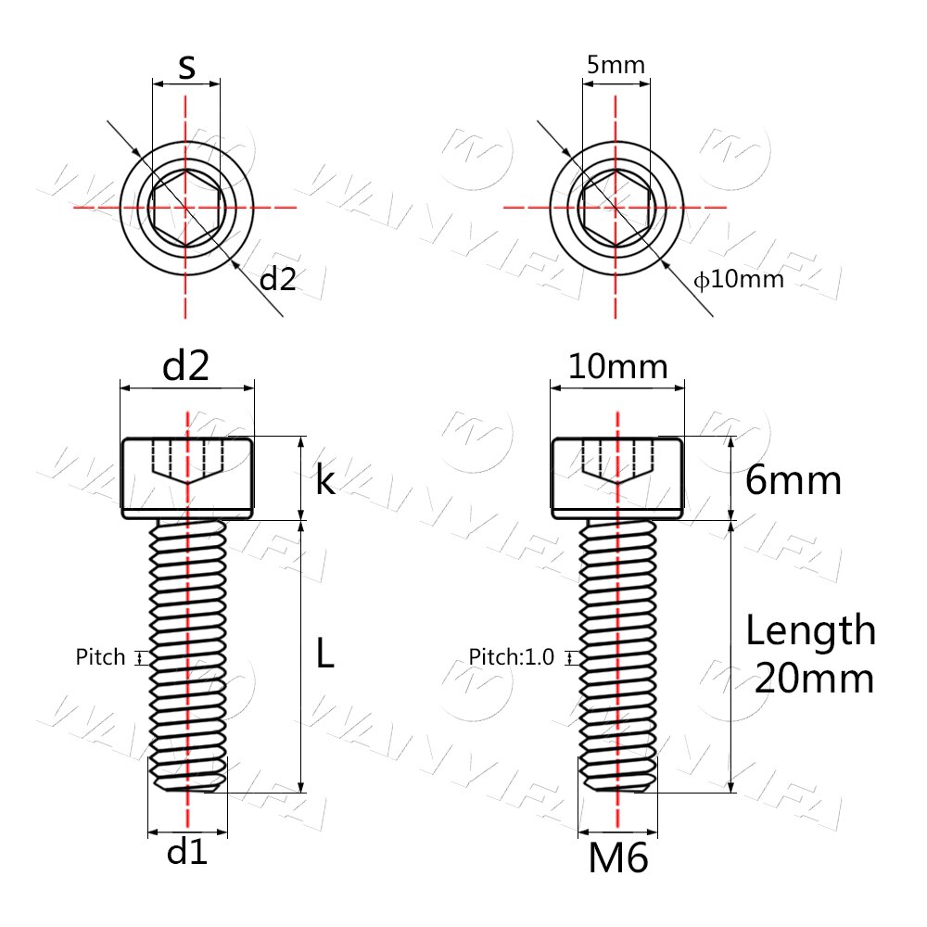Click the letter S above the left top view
tap(186, 67)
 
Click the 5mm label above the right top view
tap(616, 65)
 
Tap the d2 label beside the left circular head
tap(277, 278)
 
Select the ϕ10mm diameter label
tap(740, 279)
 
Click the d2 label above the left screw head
tap(186, 367)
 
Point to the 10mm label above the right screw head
tap(617, 367)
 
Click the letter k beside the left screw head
tap(324, 480)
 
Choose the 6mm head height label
tap(794, 481)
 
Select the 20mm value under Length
tap(814, 679)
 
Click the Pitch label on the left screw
tap(100, 658)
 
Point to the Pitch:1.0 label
tap(511, 658)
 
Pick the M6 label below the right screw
tap(617, 859)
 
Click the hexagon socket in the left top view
tap(186, 207)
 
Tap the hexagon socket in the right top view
tap(616, 207)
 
